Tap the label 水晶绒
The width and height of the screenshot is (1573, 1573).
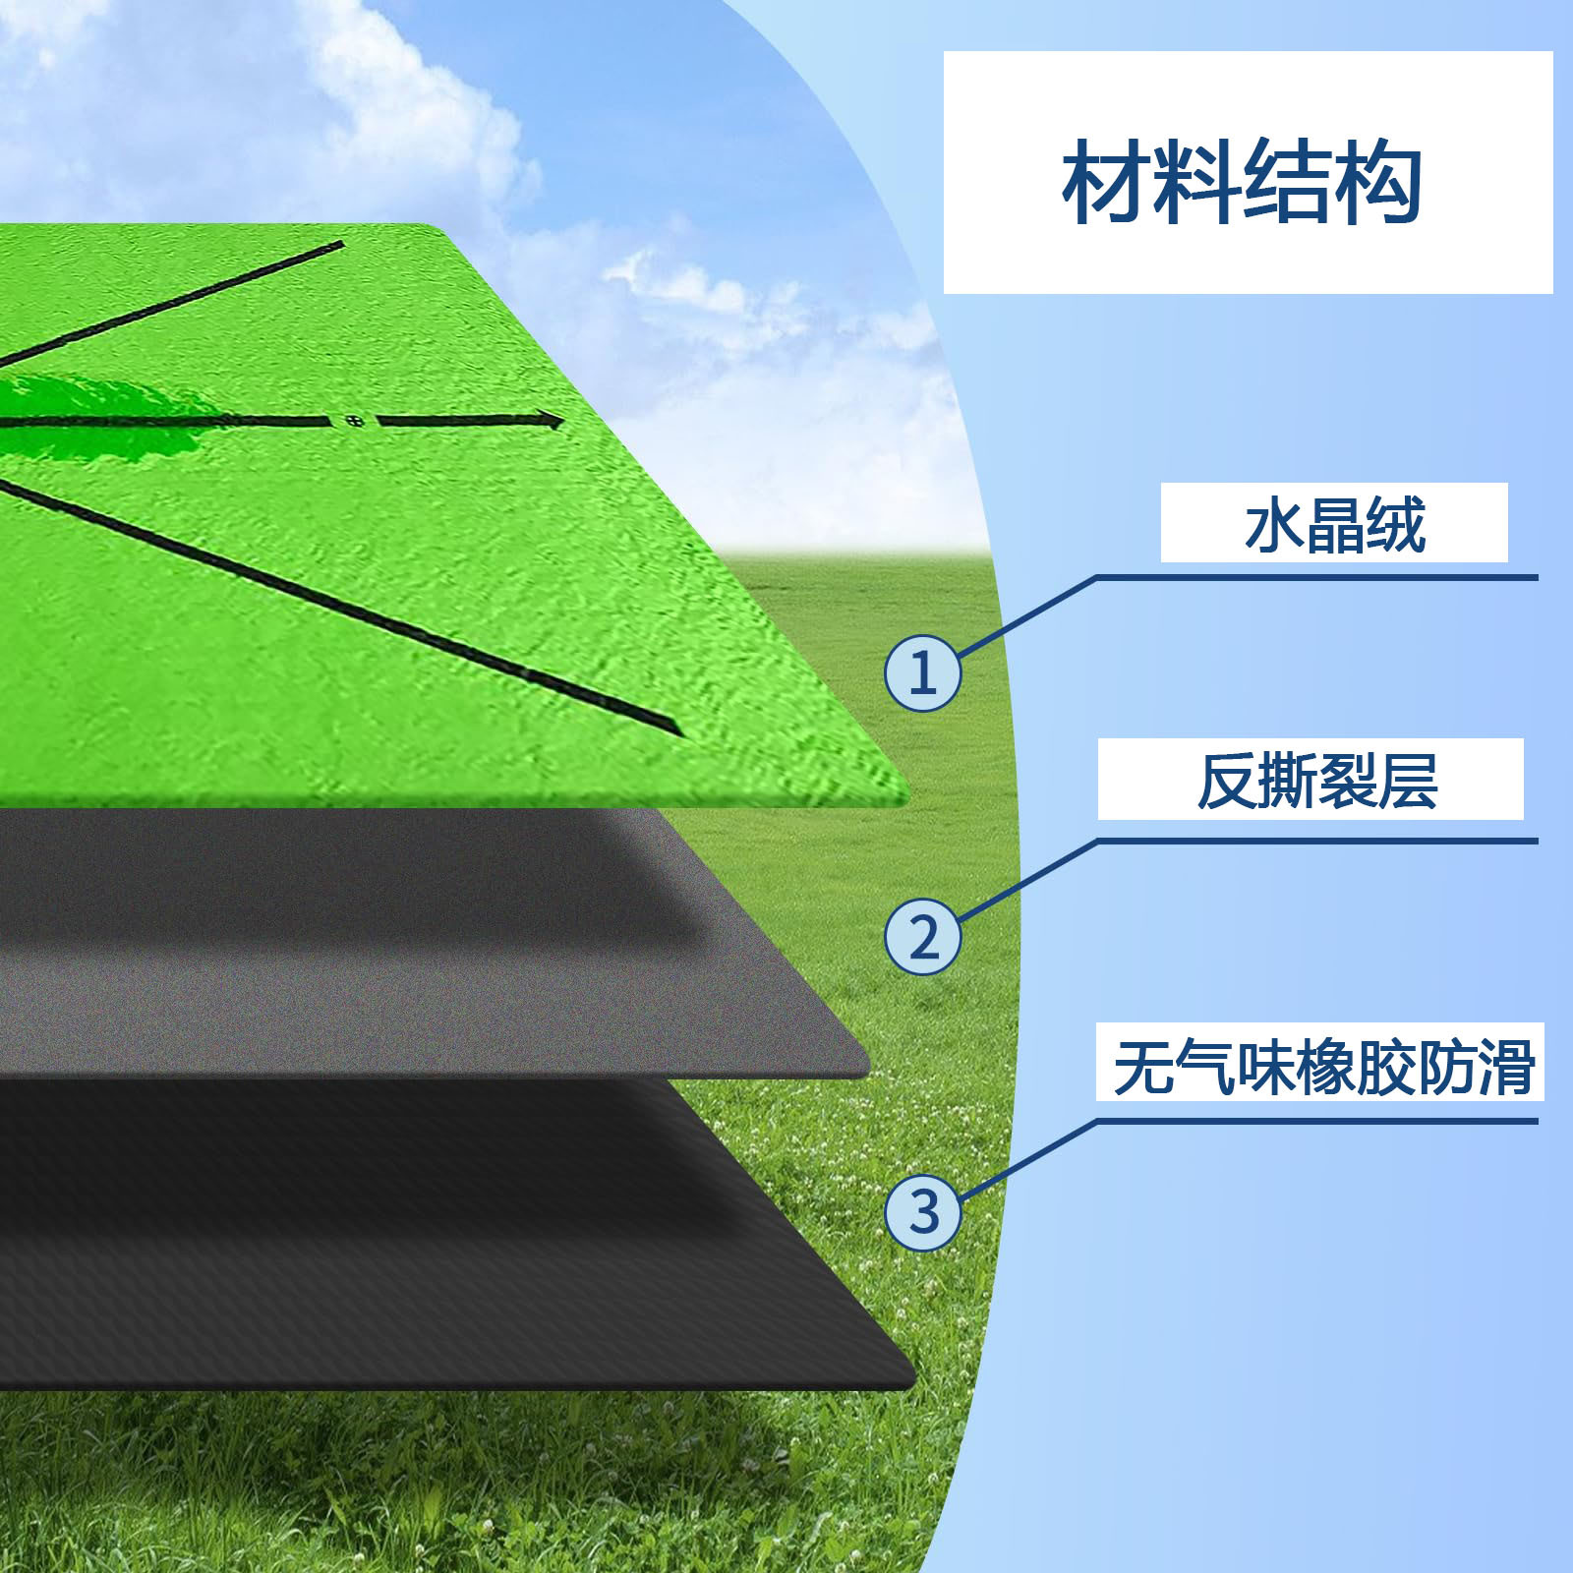(1334, 525)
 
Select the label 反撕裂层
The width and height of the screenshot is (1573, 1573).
(1316, 781)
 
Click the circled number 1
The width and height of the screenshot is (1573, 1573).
(922, 673)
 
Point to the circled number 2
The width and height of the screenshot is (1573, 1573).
(922, 936)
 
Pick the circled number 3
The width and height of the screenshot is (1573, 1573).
(922, 1211)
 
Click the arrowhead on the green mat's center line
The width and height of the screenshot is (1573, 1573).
(551, 421)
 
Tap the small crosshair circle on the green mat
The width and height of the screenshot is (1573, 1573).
(355, 422)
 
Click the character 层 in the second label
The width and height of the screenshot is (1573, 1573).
(1408, 781)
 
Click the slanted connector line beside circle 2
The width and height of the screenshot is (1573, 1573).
(1027, 881)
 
